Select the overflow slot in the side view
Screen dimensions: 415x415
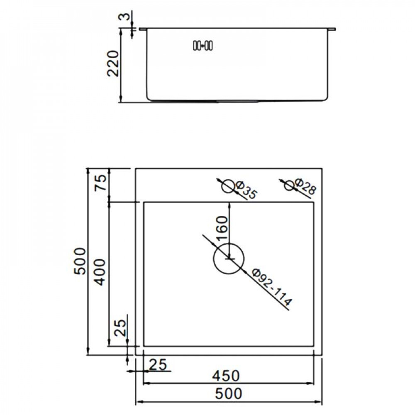(203, 45)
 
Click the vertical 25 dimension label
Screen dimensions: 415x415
(119, 328)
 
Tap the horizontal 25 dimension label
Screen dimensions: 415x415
(157, 365)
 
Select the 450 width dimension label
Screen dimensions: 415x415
(226, 376)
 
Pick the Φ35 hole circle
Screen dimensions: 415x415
(227, 186)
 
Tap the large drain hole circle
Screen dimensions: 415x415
(229, 259)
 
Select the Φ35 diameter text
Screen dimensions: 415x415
(246, 190)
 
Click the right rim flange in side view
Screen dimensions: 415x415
(332, 29)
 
